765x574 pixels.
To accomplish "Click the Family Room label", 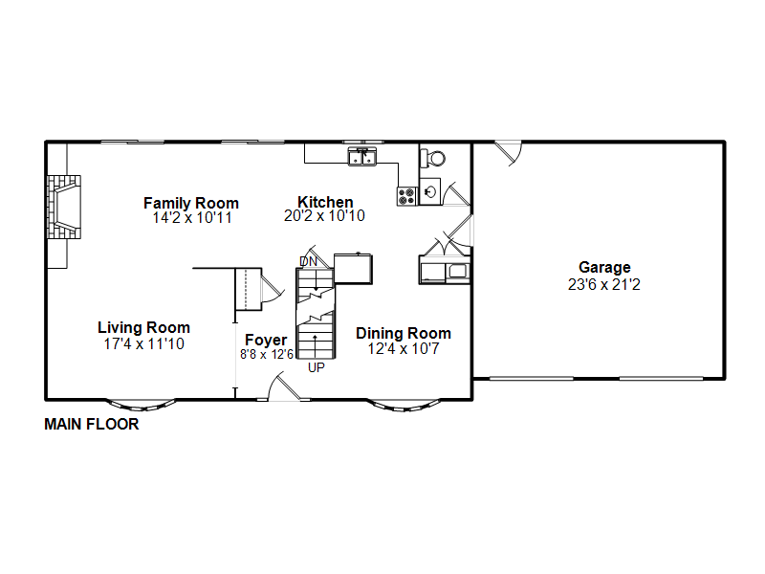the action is [x=190, y=203].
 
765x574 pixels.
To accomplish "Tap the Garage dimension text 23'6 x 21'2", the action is [x=604, y=284].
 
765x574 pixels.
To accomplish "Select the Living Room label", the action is [x=144, y=327].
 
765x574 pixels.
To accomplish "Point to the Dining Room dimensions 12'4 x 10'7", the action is [x=404, y=348].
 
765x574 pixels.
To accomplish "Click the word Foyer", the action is [x=266, y=340].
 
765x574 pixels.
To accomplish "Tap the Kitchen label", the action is [x=325, y=202].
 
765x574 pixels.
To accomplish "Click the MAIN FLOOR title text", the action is [x=92, y=424].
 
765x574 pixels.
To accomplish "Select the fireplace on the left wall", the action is [x=64, y=207].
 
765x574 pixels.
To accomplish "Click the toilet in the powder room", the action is [x=433, y=158].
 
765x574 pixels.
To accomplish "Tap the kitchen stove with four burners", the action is [x=406, y=196].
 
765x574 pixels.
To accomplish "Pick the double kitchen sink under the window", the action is [x=362, y=157].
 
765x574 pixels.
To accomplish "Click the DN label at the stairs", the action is [x=308, y=261].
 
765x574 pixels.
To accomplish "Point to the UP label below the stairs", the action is [x=317, y=367].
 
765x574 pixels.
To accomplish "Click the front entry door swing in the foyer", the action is [x=284, y=386].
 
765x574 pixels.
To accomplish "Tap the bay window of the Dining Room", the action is [x=404, y=406].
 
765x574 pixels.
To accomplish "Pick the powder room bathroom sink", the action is [x=430, y=191].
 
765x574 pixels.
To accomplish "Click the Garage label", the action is [x=604, y=268].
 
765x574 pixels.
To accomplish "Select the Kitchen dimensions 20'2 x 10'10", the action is [x=324, y=216].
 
